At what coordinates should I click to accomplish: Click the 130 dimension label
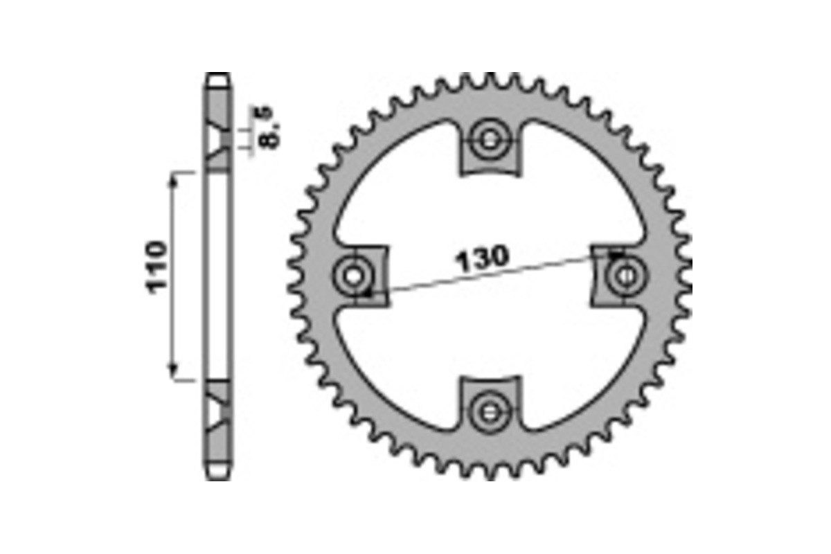(x=482, y=258)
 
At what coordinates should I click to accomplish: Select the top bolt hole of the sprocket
(x=490, y=141)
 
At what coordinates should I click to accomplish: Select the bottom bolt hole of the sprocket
(x=490, y=413)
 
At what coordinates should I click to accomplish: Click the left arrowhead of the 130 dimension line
(x=369, y=293)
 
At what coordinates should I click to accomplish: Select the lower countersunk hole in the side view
(x=217, y=411)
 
